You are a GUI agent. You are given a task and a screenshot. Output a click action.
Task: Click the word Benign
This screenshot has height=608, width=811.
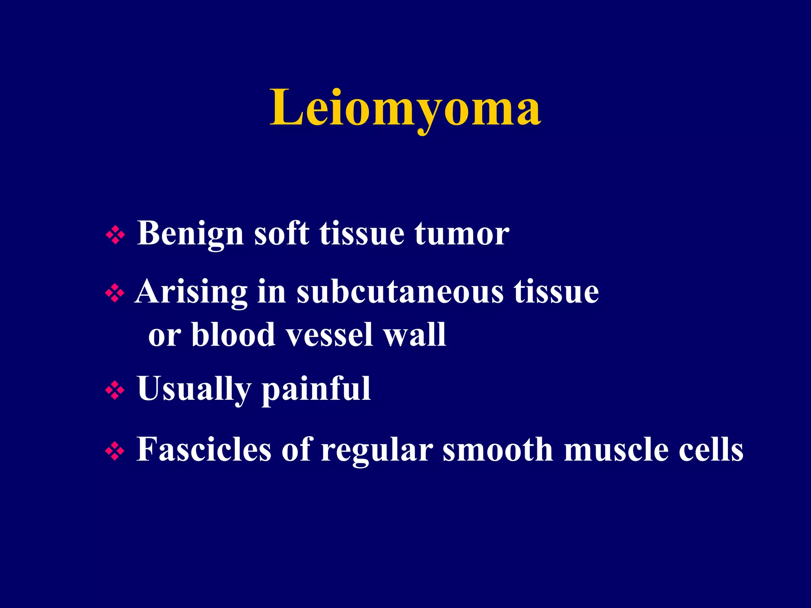point(190,234)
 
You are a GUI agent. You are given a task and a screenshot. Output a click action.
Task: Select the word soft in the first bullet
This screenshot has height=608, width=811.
point(282,234)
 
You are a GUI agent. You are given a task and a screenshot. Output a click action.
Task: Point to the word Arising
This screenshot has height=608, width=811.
point(191,293)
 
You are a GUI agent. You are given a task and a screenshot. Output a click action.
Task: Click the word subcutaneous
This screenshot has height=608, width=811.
point(400,293)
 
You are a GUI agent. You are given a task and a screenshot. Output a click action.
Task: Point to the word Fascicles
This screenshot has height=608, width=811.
point(204,450)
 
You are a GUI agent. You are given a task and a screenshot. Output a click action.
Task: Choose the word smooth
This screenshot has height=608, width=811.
point(498,450)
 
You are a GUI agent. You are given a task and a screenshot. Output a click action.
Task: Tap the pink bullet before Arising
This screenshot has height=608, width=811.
point(115,294)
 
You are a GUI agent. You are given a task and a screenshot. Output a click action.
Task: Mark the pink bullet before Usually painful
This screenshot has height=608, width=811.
point(115,391)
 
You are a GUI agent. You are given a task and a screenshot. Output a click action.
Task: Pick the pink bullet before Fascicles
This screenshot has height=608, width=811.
point(115,452)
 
